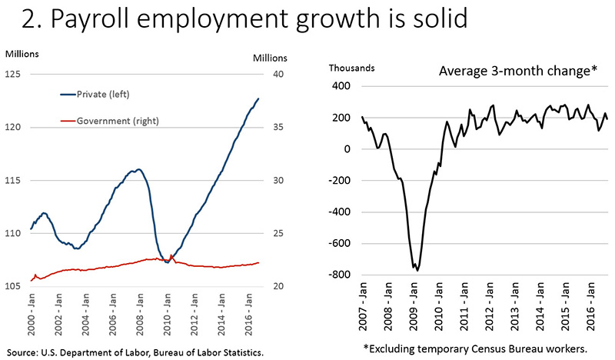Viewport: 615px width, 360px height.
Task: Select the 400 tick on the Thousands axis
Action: pos(341,86)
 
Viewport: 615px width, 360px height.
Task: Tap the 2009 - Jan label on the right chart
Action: pos(415,311)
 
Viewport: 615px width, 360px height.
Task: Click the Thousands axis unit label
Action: pos(351,67)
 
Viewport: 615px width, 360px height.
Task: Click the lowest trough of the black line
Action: pos(417,270)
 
